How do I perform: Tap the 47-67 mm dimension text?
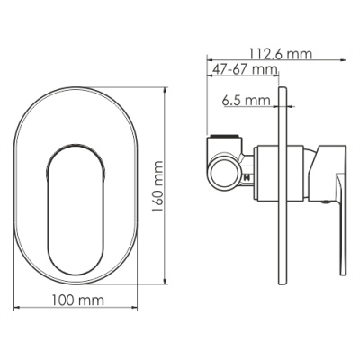(245, 69)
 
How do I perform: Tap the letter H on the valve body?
(246, 180)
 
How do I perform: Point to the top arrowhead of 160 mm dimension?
(166, 91)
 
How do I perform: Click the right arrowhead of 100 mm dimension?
(136, 309)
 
